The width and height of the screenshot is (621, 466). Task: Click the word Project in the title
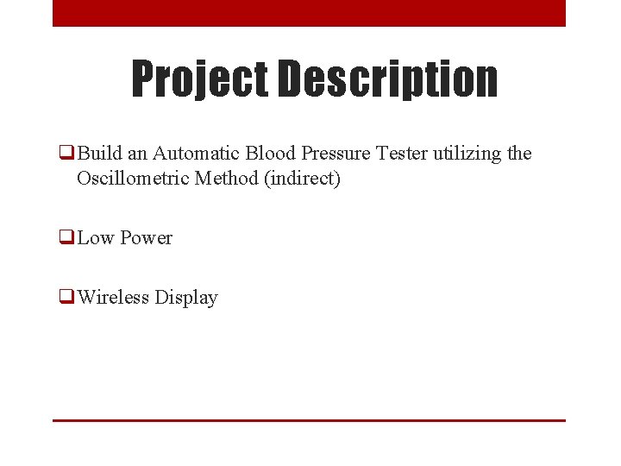click(x=199, y=79)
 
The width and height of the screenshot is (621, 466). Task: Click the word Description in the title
click(x=387, y=79)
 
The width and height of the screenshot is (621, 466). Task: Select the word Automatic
click(x=196, y=154)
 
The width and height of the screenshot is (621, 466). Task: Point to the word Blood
click(x=270, y=154)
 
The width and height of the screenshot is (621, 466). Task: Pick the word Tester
click(x=404, y=154)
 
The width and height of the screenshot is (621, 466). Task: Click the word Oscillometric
click(x=134, y=179)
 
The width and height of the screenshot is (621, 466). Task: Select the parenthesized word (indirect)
click(x=304, y=179)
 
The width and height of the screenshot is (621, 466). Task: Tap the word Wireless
click(x=112, y=298)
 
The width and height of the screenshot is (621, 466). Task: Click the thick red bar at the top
click(x=309, y=13)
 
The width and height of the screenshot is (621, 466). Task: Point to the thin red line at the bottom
click(x=309, y=420)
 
